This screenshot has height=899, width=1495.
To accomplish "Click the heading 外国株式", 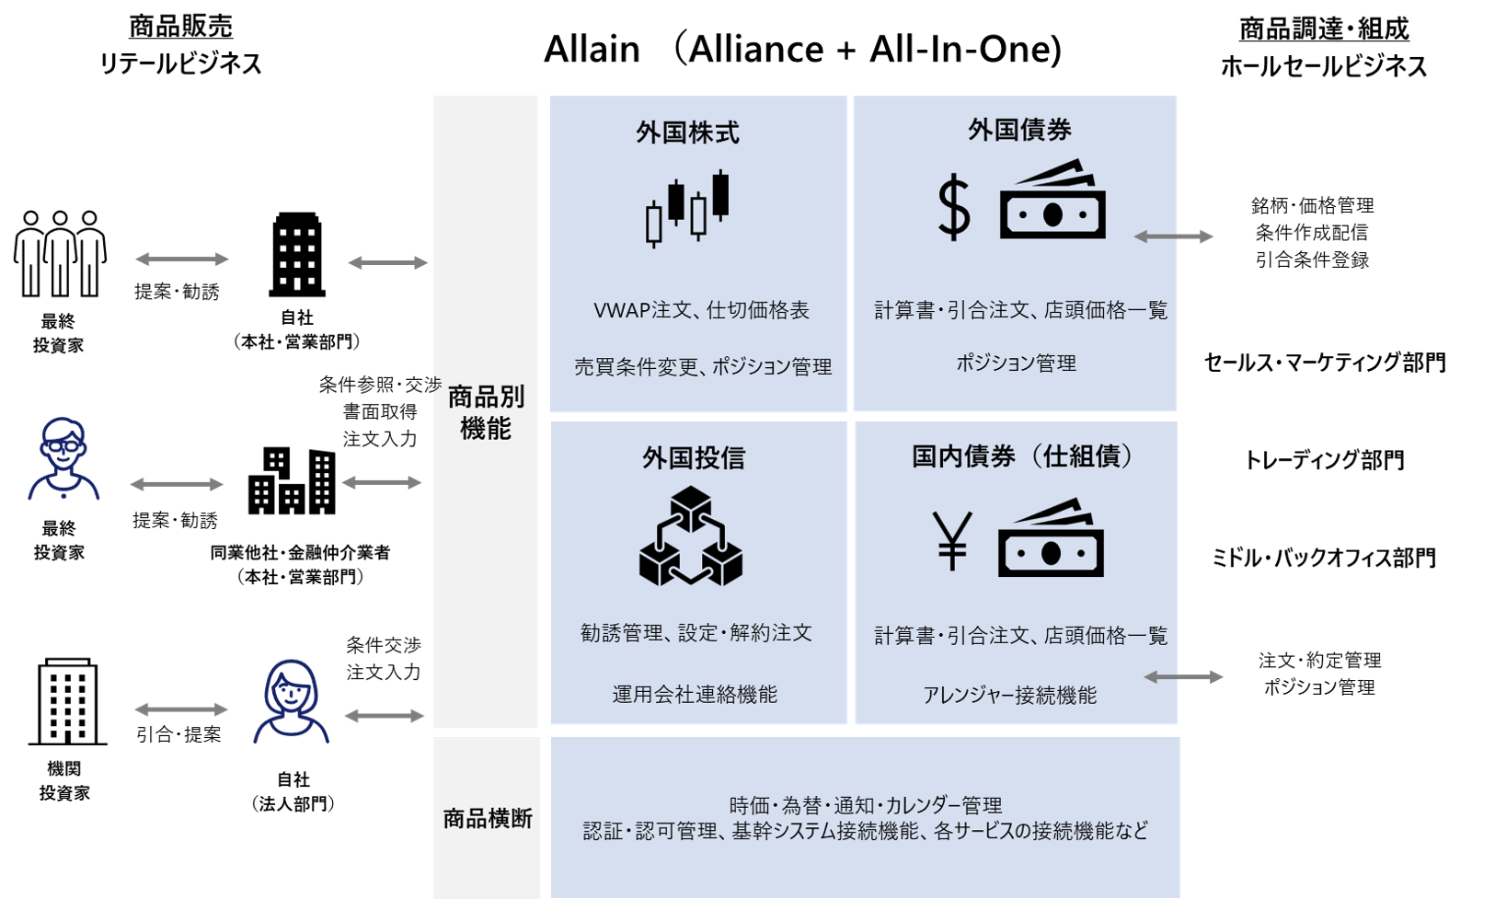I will pos(687,133).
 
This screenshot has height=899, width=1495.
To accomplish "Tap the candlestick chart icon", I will pos(687,209).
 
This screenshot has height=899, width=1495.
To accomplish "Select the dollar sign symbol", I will pos(953,210).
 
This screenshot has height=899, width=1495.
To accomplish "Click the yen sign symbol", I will pos(951,542).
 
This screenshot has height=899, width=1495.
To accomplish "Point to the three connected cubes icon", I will pos(691,537).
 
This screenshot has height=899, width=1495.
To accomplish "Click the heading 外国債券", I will pos(1019,131).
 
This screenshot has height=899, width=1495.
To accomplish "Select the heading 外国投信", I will pos(694,458).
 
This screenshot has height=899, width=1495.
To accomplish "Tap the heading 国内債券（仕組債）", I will pos(1021,456).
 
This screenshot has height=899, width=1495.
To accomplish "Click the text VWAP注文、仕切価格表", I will pos(701,311).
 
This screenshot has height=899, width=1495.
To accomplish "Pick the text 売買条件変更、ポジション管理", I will pos(703,367).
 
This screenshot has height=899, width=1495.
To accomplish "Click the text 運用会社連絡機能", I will pos(695,695).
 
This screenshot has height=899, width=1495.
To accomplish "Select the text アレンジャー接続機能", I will pos(1009,696).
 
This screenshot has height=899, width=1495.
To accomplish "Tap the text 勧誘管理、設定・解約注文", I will pos(696,633).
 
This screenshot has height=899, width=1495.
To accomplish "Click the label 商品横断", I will pos(488,819).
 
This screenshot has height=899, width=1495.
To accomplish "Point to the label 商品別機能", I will pos(486,412).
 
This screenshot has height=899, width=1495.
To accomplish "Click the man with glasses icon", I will pos(63,458).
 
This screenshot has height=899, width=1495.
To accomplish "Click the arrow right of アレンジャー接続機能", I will pos(1183,677).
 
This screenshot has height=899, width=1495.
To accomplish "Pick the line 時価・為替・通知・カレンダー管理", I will pos(865,806).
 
